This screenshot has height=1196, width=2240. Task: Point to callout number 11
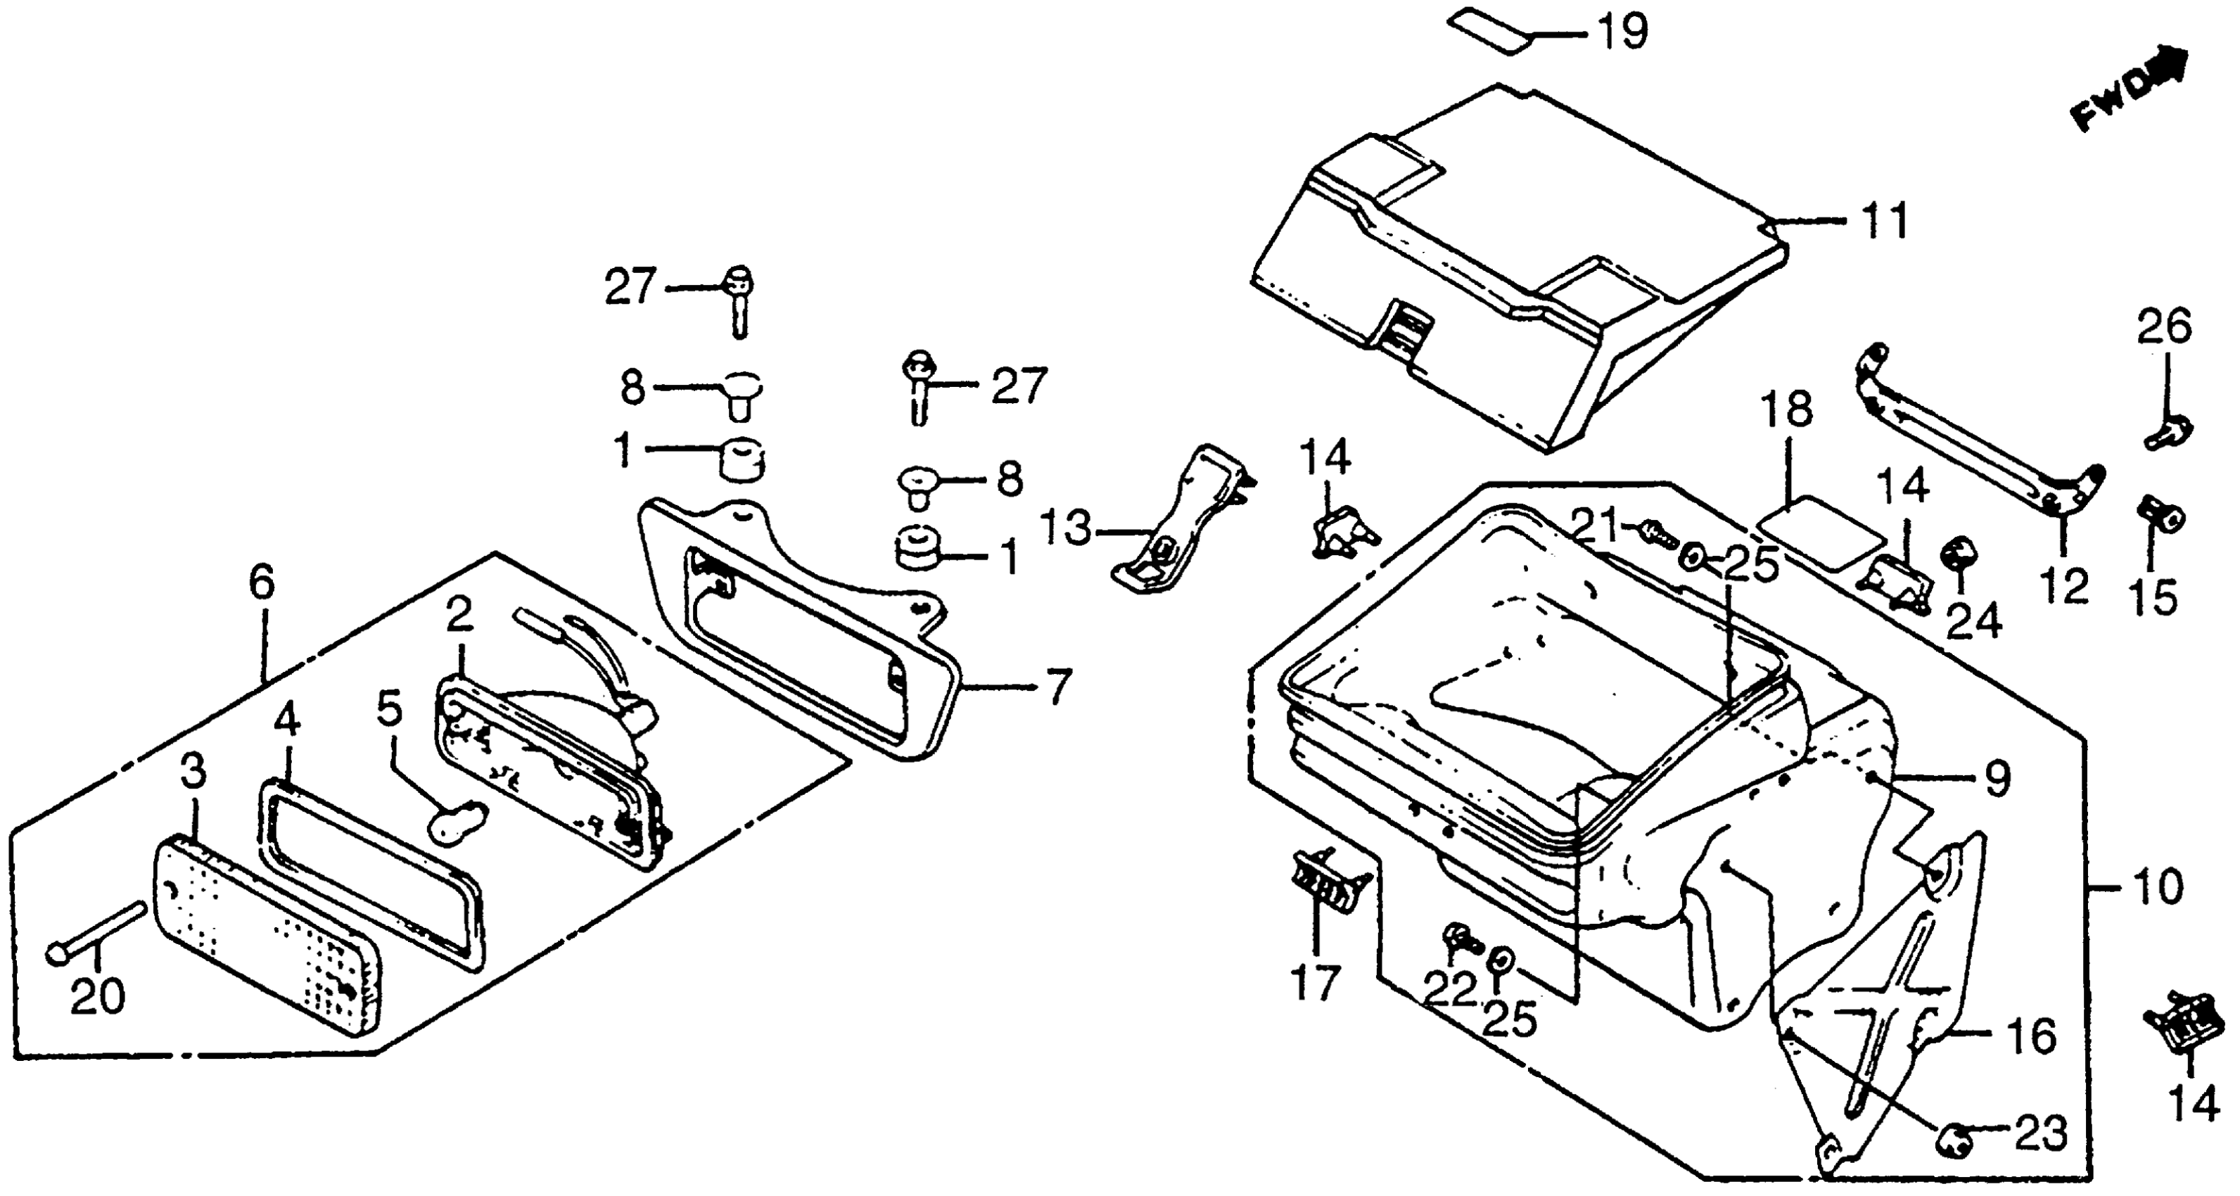(1883, 220)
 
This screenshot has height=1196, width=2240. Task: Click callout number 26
(2165, 328)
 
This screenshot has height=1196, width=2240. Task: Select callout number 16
(2031, 1036)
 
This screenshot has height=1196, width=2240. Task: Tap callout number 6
(261, 583)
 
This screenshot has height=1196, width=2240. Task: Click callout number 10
(2156, 888)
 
